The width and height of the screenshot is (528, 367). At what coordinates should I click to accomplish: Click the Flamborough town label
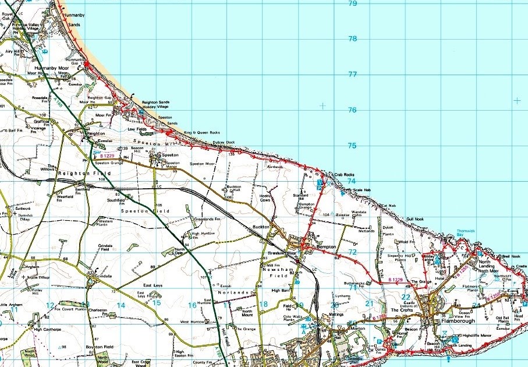coord(458,320)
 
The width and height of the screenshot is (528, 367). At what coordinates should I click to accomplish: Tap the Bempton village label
coord(327,248)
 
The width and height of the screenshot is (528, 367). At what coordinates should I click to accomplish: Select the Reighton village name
coord(95,133)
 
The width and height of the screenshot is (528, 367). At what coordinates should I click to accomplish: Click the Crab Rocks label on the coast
coord(344,174)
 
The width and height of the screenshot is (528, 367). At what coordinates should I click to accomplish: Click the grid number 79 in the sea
coord(352,3)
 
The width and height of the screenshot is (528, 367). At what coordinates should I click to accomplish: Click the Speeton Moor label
coord(203,164)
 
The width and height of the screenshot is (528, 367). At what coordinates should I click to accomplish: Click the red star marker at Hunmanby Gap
coord(86,62)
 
